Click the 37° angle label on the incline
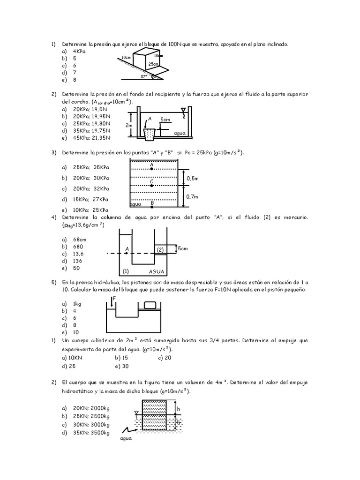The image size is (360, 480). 143,75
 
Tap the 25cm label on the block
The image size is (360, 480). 153,64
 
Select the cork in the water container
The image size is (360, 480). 150,135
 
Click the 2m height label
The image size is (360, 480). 129,125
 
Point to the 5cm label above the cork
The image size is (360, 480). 165,120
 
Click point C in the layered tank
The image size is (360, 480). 152,185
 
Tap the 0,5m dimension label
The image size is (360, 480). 192,179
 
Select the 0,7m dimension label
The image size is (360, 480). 192,197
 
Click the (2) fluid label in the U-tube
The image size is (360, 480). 160,250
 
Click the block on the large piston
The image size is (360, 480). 150,305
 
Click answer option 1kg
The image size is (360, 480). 77,304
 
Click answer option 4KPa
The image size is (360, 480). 79,51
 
